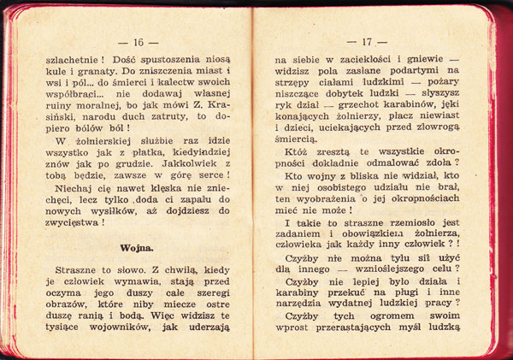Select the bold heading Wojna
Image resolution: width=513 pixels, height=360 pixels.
137,248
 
